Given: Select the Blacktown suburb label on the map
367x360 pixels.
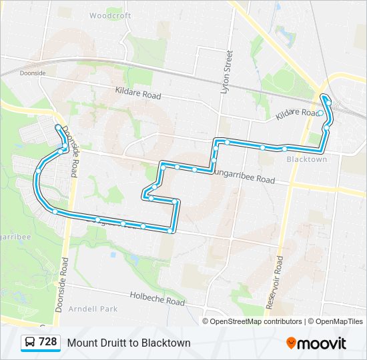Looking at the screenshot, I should pos(306,159).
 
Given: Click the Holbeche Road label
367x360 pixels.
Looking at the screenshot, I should pos(157,298).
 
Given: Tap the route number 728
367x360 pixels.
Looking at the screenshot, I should pos(47,342).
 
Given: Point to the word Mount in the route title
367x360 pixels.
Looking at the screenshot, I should pos(81,343).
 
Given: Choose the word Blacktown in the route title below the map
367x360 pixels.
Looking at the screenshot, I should pos(166,343).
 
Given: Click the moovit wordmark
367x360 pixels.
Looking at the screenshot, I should pos(322,343).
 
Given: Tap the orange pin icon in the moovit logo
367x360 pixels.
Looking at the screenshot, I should pos(291,343).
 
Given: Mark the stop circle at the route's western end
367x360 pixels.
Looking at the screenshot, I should pos(58,127).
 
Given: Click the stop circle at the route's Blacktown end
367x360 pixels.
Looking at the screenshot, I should pos(321,113).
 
